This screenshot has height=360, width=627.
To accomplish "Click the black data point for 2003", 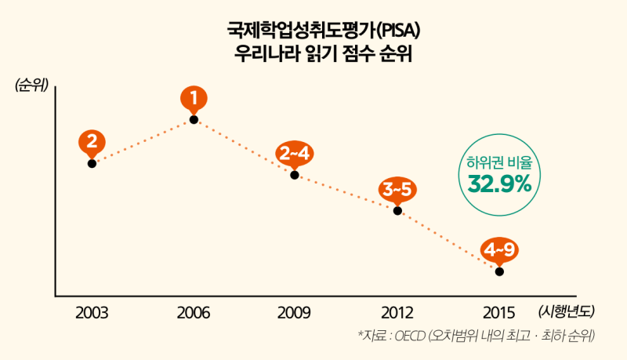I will click(x=92, y=163).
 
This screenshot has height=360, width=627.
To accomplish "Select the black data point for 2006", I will click(x=194, y=120).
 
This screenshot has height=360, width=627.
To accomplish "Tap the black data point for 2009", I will click(x=295, y=175).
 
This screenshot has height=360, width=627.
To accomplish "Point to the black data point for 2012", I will click(x=397, y=210).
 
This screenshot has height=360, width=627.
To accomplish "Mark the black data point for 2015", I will click(x=499, y=271).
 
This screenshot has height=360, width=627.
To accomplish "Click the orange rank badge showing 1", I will click(x=194, y=98).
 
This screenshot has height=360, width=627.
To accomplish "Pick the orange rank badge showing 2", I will click(x=92, y=142).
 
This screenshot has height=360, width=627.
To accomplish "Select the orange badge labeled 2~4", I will click(x=295, y=153).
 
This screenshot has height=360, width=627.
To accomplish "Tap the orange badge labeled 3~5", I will click(x=397, y=189).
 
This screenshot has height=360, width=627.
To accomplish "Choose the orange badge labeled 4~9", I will click(x=499, y=249).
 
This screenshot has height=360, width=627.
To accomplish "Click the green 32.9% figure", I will click(x=499, y=185).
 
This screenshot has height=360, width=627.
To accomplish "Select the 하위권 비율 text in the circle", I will click(x=499, y=163).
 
